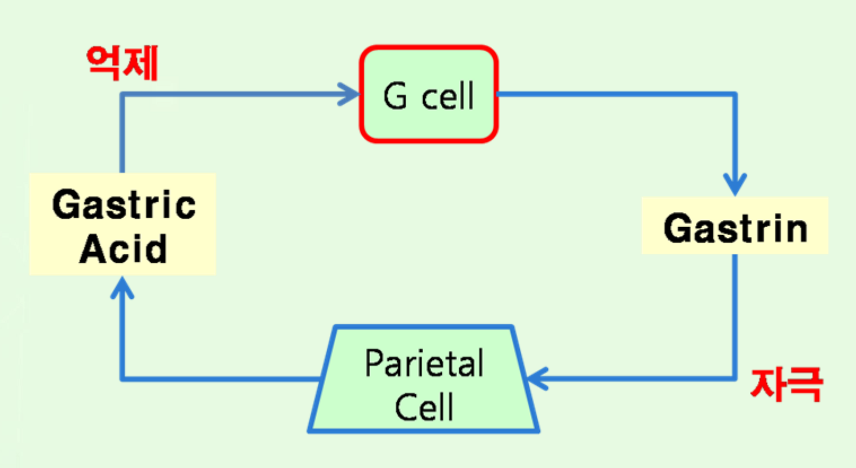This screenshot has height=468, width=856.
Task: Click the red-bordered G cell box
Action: tap(429, 94)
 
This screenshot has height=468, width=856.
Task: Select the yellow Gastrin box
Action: tap(735, 226)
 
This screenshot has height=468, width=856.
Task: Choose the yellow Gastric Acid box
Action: tap(123, 224)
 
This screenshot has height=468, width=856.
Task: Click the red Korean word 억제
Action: tap(122, 63)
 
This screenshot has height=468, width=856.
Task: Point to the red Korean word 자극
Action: tap(786, 385)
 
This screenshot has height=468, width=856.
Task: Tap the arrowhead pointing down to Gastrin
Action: tap(735, 186)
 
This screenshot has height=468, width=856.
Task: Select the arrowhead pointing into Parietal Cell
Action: tap(535, 378)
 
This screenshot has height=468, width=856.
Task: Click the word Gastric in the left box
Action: tap(124, 204)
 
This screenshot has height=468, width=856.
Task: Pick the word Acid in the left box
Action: tap(124, 248)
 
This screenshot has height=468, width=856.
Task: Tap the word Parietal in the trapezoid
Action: tap(424, 364)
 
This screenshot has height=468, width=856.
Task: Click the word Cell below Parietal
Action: tap(424, 407)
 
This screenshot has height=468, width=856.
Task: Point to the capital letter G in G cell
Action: tap(395, 96)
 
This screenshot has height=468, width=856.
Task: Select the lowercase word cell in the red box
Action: tap(447, 96)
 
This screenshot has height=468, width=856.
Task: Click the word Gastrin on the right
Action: tap(735, 228)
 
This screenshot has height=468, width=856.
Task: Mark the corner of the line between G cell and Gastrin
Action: tap(735, 94)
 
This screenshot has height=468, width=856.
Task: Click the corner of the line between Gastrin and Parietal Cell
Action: tap(735, 378)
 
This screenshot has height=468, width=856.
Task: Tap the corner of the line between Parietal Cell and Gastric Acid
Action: tap(122, 378)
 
